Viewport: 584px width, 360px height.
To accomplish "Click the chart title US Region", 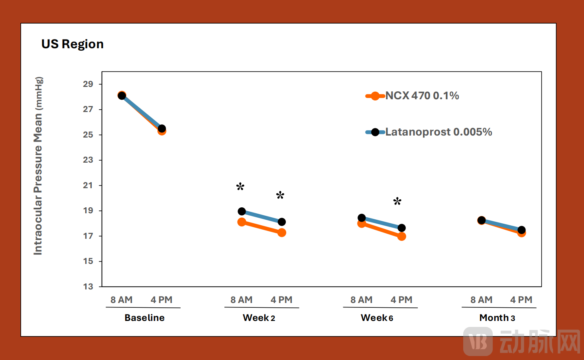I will tap(72, 44).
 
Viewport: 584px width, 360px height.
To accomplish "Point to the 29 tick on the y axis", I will tap(88, 84).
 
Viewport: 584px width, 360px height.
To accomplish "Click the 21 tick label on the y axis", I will tap(88, 185).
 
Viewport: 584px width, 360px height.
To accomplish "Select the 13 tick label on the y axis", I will tap(88, 286).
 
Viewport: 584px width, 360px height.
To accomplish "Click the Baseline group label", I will tap(144, 318).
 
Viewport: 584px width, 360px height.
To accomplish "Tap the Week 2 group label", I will tap(259, 318).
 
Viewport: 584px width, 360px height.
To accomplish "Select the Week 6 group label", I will tap(377, 318).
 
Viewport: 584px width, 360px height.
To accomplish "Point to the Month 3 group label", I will tap(497, 318).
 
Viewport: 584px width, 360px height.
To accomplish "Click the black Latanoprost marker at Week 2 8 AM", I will tap(242, 211).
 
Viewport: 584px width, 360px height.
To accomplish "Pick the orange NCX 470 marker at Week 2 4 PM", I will tap(282, 232).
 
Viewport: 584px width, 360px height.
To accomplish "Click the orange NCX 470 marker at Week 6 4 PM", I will tap(402, 236).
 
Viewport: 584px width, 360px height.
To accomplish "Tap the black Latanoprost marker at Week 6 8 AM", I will tap(362, 218).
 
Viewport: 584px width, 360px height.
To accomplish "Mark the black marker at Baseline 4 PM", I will tap(162, 128).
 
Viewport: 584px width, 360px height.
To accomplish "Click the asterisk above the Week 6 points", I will tap(397, 201).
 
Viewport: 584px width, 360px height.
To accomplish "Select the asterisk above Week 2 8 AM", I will tap(240, 187).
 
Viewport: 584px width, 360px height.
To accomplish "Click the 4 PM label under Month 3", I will tap(521, 300).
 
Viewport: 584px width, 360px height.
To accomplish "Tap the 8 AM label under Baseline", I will tap(122, 300).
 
